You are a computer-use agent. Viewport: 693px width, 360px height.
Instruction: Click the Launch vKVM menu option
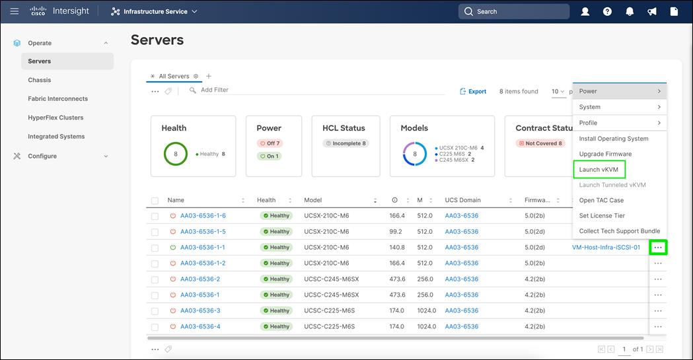click(599, 170)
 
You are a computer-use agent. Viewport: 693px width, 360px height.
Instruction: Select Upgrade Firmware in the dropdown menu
click(605, 154)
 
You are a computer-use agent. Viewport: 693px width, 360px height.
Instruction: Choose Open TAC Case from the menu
click(601, 200)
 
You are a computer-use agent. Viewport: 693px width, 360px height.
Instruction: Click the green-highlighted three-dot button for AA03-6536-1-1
click(657, 248)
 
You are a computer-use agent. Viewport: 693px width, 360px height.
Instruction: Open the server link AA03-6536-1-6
click(203, 216)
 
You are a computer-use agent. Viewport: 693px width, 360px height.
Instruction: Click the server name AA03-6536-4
click(200, 326)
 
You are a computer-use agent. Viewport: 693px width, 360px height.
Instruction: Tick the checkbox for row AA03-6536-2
click(155, 279)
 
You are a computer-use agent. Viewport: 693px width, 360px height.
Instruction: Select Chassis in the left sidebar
click(40, 80)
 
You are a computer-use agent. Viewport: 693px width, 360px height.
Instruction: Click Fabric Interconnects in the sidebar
click(57, 98)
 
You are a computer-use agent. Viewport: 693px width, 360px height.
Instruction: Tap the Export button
click(473, 92)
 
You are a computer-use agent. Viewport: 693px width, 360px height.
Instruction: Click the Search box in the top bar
click(513, 11)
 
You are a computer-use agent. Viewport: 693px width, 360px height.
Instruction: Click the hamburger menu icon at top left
click(14, 11)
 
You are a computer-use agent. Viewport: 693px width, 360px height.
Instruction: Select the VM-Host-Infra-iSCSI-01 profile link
click(606, 248)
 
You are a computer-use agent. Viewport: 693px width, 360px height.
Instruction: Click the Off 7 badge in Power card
click(269, 143)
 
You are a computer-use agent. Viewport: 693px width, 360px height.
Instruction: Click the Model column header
click(312, 200)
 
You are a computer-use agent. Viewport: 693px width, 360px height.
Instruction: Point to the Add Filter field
click(214, 90)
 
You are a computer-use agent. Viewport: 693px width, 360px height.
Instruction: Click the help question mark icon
click(607, 11)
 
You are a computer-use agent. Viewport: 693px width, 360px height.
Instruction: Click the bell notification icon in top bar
click(630, 11)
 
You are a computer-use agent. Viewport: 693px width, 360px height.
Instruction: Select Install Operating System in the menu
click(614, 139)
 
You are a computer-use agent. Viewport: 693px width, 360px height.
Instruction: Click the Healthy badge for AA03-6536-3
click(275, 310)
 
